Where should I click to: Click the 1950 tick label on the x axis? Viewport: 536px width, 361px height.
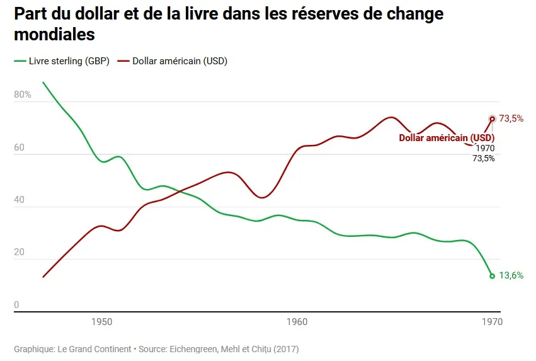[102, 322]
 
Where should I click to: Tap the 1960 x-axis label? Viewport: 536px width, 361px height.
[297, 322]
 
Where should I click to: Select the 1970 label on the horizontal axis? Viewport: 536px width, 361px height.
[493, 322]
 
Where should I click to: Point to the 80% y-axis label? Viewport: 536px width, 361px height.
[23, 95]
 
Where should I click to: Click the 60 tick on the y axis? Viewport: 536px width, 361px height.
[19, 147]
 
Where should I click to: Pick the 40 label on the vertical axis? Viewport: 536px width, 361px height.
[19, 200]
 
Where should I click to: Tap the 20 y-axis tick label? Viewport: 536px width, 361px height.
[19, 252]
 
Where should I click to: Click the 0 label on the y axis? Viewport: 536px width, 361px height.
[16, 304]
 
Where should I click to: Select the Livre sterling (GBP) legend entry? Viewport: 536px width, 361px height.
[62, 61]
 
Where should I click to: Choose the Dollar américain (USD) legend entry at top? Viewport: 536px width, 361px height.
[173, 61]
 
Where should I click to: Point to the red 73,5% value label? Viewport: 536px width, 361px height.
[511, 118]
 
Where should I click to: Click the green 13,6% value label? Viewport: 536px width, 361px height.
[511, 275]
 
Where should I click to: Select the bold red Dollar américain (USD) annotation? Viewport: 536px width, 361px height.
[447, 138]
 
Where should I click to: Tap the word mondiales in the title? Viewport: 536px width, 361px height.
[54, 34]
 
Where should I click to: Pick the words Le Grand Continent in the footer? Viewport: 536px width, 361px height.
[94, 349]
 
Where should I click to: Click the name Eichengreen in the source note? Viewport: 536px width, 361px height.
[193, 349]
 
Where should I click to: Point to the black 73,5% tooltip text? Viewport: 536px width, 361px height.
[483, 158]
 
